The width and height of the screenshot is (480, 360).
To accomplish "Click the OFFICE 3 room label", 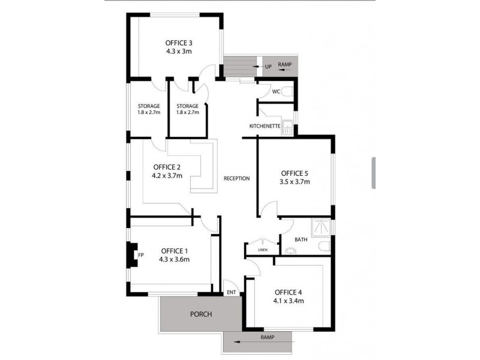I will pos(179,43).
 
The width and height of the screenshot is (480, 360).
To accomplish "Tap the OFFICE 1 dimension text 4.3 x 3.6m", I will pos(174,260).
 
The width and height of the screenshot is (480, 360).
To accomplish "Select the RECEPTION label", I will pos(236,179).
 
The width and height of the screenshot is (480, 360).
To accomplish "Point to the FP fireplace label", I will pos(141,254).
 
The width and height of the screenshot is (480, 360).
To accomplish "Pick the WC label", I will pos(276,92).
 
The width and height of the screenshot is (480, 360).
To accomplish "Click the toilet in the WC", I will pos(288,92).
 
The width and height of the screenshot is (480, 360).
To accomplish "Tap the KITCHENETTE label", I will pos(265,126).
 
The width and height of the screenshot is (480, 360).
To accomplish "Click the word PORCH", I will pos(201,314).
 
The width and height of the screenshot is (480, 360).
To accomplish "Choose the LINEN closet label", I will pos(262,250).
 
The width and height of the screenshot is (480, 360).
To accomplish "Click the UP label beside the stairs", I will pos(268,66).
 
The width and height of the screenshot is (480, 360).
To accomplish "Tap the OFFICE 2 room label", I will pos(167,167).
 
